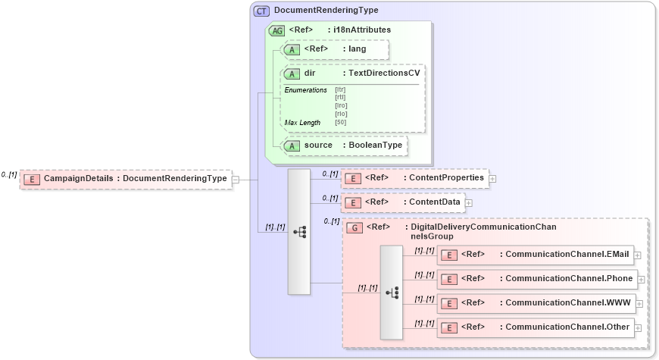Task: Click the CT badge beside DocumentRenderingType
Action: tap(262, 11)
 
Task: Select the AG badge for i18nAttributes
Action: tap(277, 30)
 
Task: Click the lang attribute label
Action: tap(358, 49)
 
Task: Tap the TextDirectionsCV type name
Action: tap(384, 74)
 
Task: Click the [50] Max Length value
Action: tap(340, 122)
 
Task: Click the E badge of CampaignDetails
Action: tap(32, 179)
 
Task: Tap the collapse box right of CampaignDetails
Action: tap(236, 180)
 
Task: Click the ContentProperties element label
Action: tap(446, 178)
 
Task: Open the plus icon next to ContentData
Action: tap(468, 203)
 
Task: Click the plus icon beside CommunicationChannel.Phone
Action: tap(641, 279)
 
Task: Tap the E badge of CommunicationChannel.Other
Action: tap(449, 327)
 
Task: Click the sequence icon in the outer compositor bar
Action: tap(299, 232)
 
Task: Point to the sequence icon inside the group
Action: tap(392, 293)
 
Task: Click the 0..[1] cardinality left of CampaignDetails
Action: tap(9, 174)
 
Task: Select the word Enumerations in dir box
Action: tap(305, 90)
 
